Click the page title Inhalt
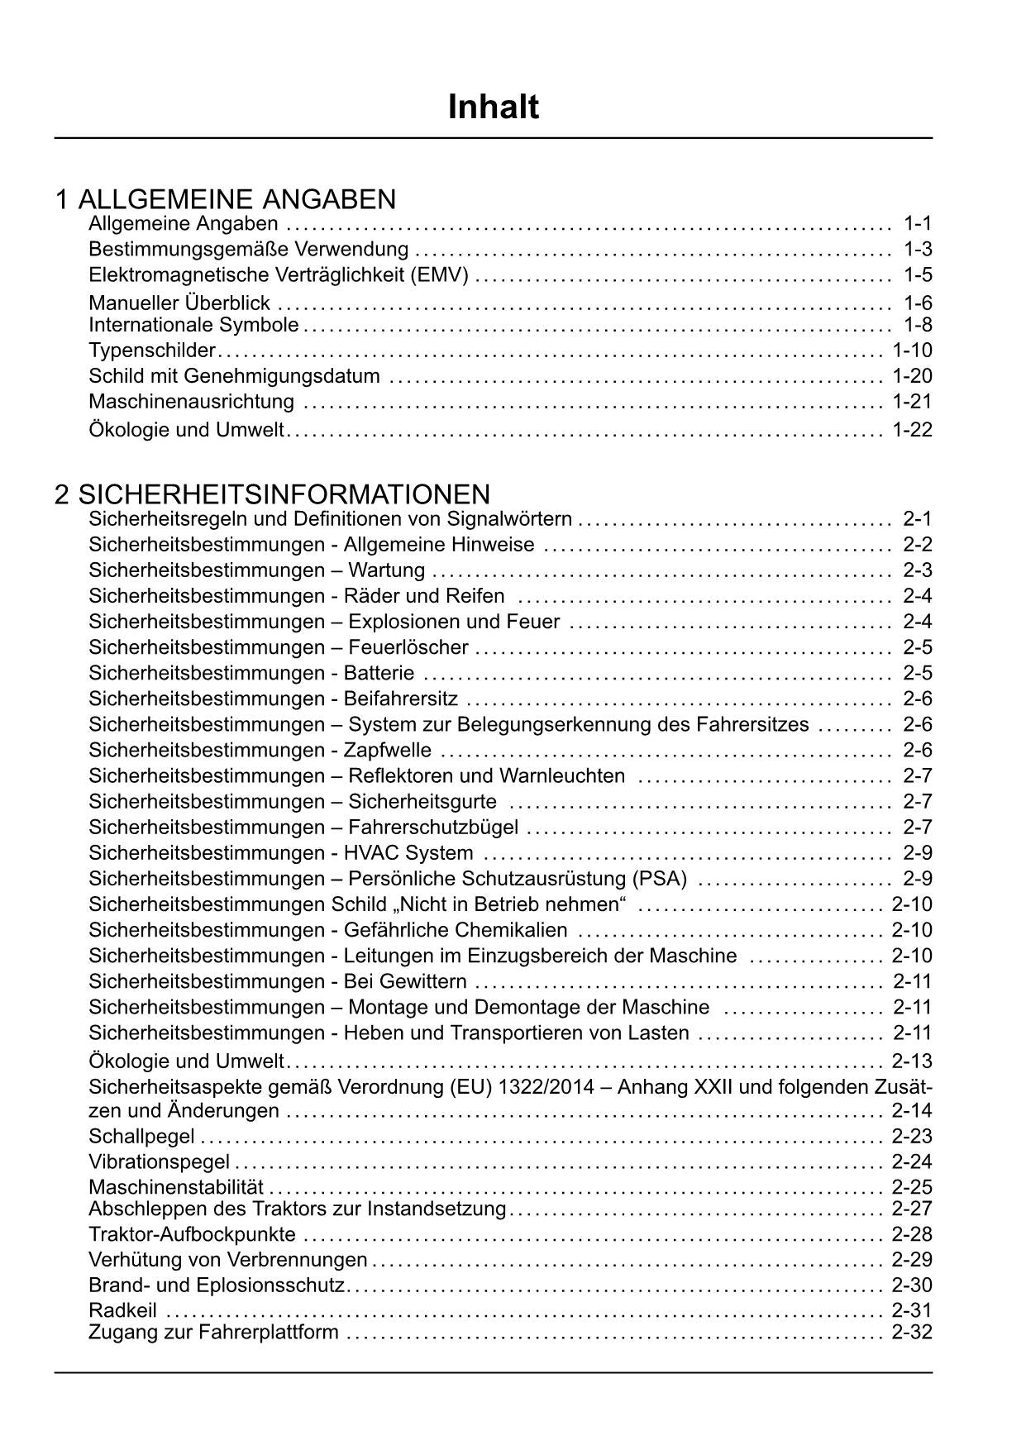[x=493, y=107]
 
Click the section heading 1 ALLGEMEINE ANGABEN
[x=226, y=199]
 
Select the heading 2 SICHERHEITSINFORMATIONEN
[x=272, y=494]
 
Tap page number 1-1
[x=918, y=223]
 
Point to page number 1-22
[x=912, y=430]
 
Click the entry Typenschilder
[x=152, y=351]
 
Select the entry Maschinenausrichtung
[x=191, y=402]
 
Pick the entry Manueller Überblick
[x=179, y=303]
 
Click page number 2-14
[x=912, y=1110]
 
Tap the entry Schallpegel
[x=141, y=1137]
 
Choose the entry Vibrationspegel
[x=159, y=1162]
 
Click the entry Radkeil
[x=122, y=1310]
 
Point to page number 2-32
[x=912, y=1332]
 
